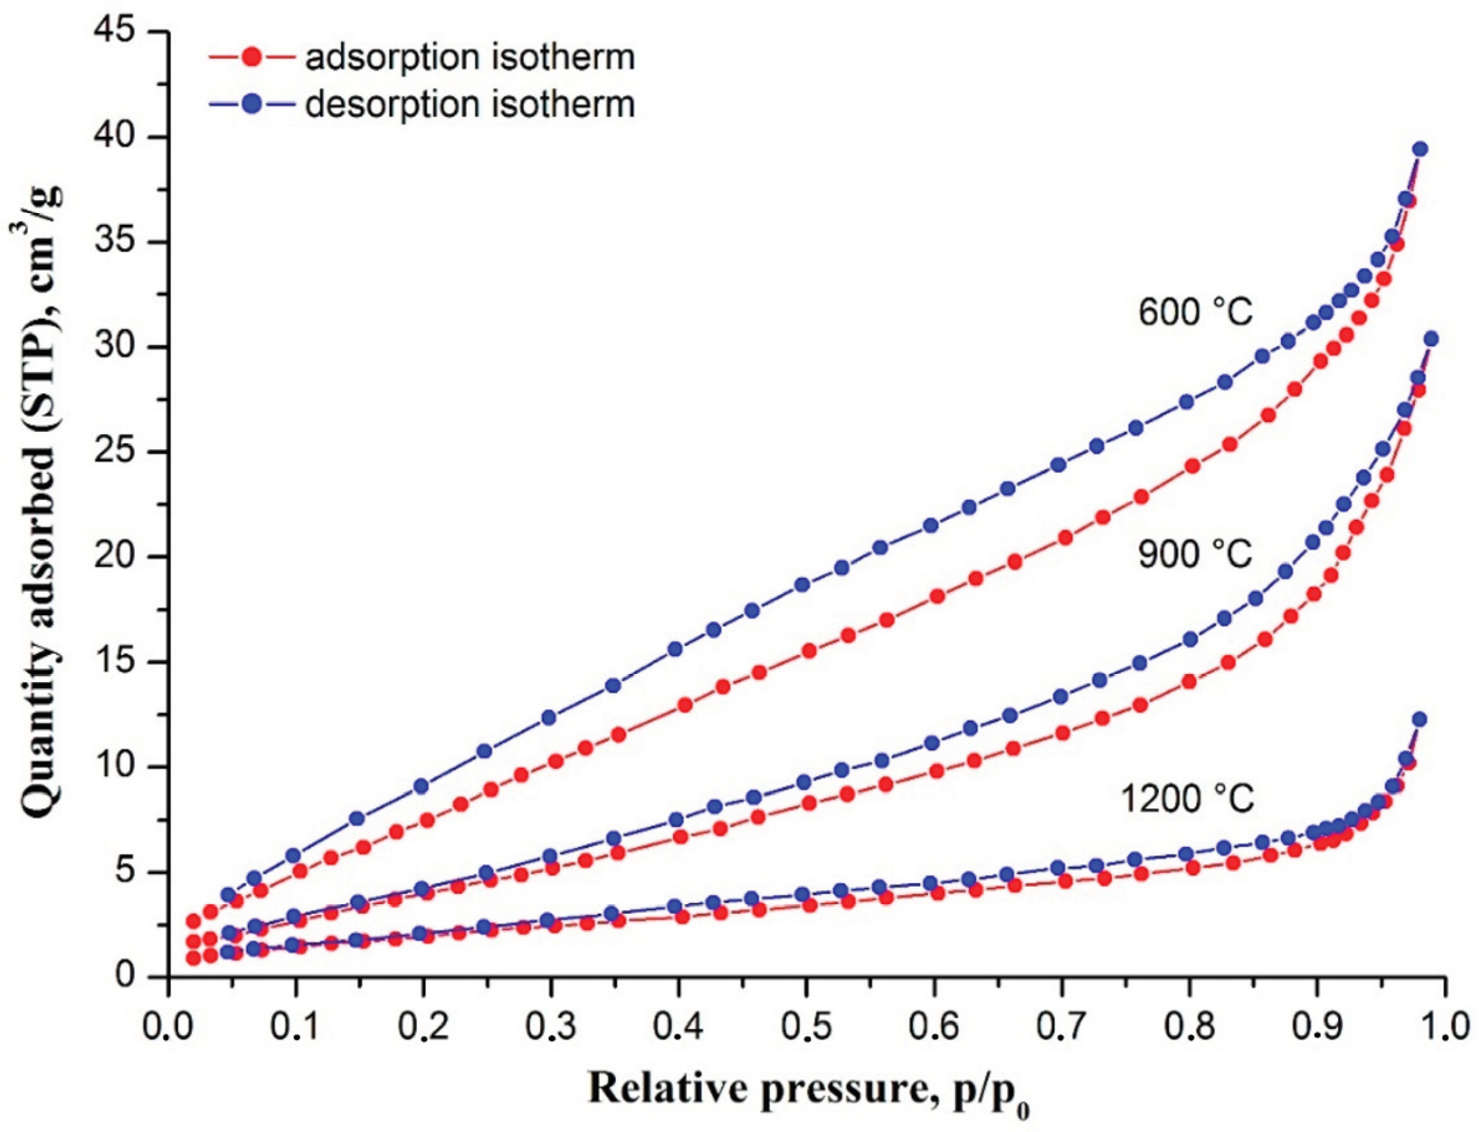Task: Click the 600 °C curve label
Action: pos(1195,313)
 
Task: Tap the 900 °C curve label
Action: pos(1195,555)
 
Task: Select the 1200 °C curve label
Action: pos(1187,799)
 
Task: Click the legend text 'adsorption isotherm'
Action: pos(470,57)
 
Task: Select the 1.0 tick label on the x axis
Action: pos(1444,1027)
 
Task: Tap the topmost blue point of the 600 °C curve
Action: pos(1420,149)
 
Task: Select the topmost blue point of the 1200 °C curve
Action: pos(1419,719)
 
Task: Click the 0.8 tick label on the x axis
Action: pos(1190,1027)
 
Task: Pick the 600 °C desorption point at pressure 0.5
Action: pos(802,584)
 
